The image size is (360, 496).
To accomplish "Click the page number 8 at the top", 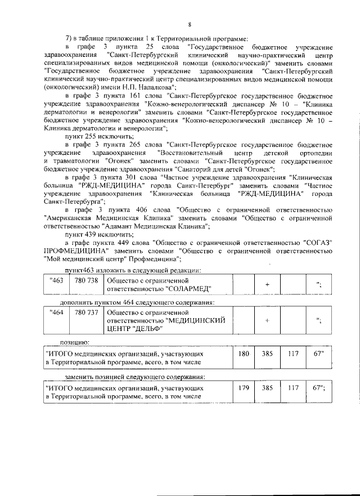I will (190, 24).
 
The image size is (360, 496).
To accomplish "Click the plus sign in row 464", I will (267, 319).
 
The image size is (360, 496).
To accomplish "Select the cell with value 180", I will (244, 355).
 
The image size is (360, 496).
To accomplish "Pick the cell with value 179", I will (244, 388).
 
